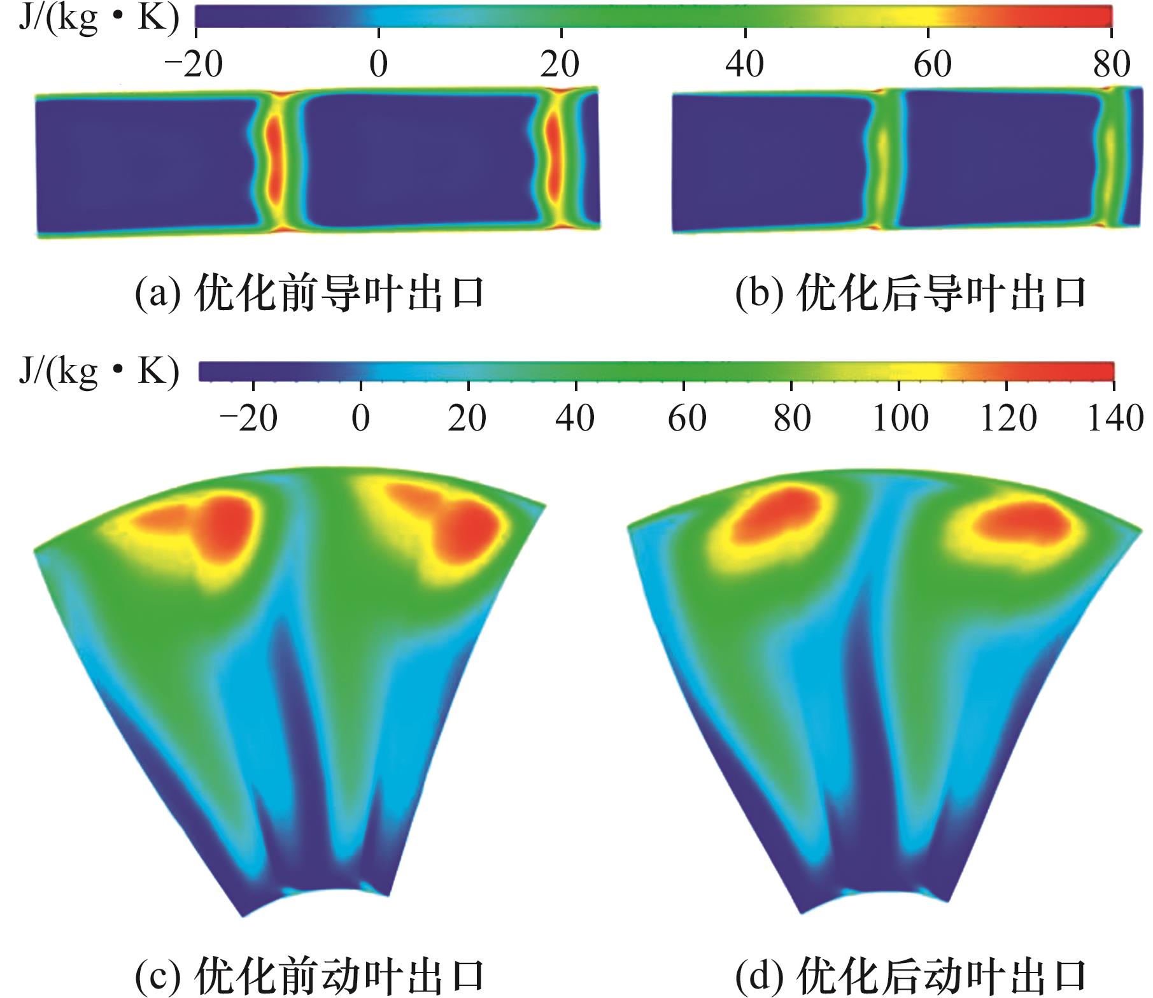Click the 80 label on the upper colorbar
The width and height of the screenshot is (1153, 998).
point(1112,64)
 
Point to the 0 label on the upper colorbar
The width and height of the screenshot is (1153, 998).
point(379,64)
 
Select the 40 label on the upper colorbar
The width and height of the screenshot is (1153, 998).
point(744,64)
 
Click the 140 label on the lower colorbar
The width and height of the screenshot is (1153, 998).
point(1114,418)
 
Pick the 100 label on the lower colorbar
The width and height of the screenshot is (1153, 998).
point(900,418)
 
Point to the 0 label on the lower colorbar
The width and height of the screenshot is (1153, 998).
point(361,418)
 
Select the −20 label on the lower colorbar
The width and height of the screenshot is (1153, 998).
point(248,418)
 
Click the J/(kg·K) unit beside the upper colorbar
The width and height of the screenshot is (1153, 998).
point(99,19)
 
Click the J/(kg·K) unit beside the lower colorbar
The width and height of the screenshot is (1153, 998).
point(99,372)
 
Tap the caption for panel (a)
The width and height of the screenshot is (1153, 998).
point(310,294)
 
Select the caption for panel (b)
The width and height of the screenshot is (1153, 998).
point(910,294)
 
